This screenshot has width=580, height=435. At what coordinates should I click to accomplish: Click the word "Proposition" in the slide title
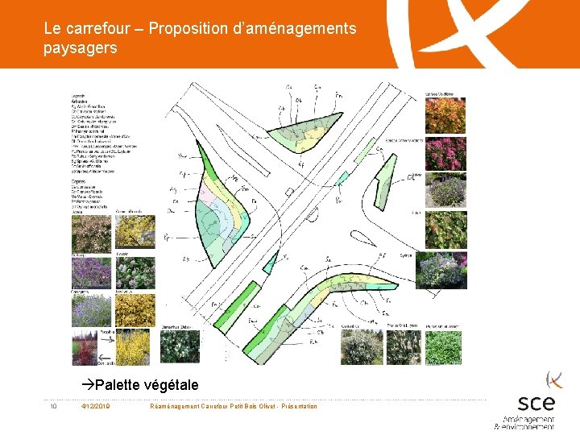tap(187, 29)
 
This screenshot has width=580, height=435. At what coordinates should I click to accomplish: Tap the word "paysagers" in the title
tap(81, 48)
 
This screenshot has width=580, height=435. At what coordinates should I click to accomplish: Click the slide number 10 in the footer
tap(52, 406)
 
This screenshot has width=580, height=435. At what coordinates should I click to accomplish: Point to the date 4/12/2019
tap(97, 406)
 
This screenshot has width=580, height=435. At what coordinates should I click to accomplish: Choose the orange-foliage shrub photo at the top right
tap(445, 114)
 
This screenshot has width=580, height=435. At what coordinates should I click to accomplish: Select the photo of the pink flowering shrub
tap(445, 153)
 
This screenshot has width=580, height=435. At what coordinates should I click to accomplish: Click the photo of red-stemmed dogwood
tap(86, 347)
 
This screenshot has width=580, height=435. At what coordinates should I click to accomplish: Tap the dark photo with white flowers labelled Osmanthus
tap(180, 347)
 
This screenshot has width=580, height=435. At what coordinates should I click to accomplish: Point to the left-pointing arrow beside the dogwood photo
tap(103, 357)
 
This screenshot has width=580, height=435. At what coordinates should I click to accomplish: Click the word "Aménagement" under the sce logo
tap(528, 420)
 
